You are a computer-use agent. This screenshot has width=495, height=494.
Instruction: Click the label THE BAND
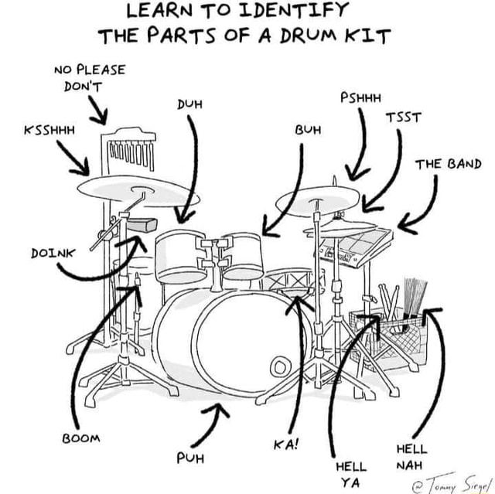pyautogui.click(x=448, y=165)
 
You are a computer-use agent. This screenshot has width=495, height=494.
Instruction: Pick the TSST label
pyautogui.click(x=405, y=118)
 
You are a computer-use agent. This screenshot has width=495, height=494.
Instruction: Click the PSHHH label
pyautogui.click(x=360, y=97)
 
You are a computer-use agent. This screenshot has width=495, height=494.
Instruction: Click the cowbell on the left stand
pyautogui.click(x=143, y=225)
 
